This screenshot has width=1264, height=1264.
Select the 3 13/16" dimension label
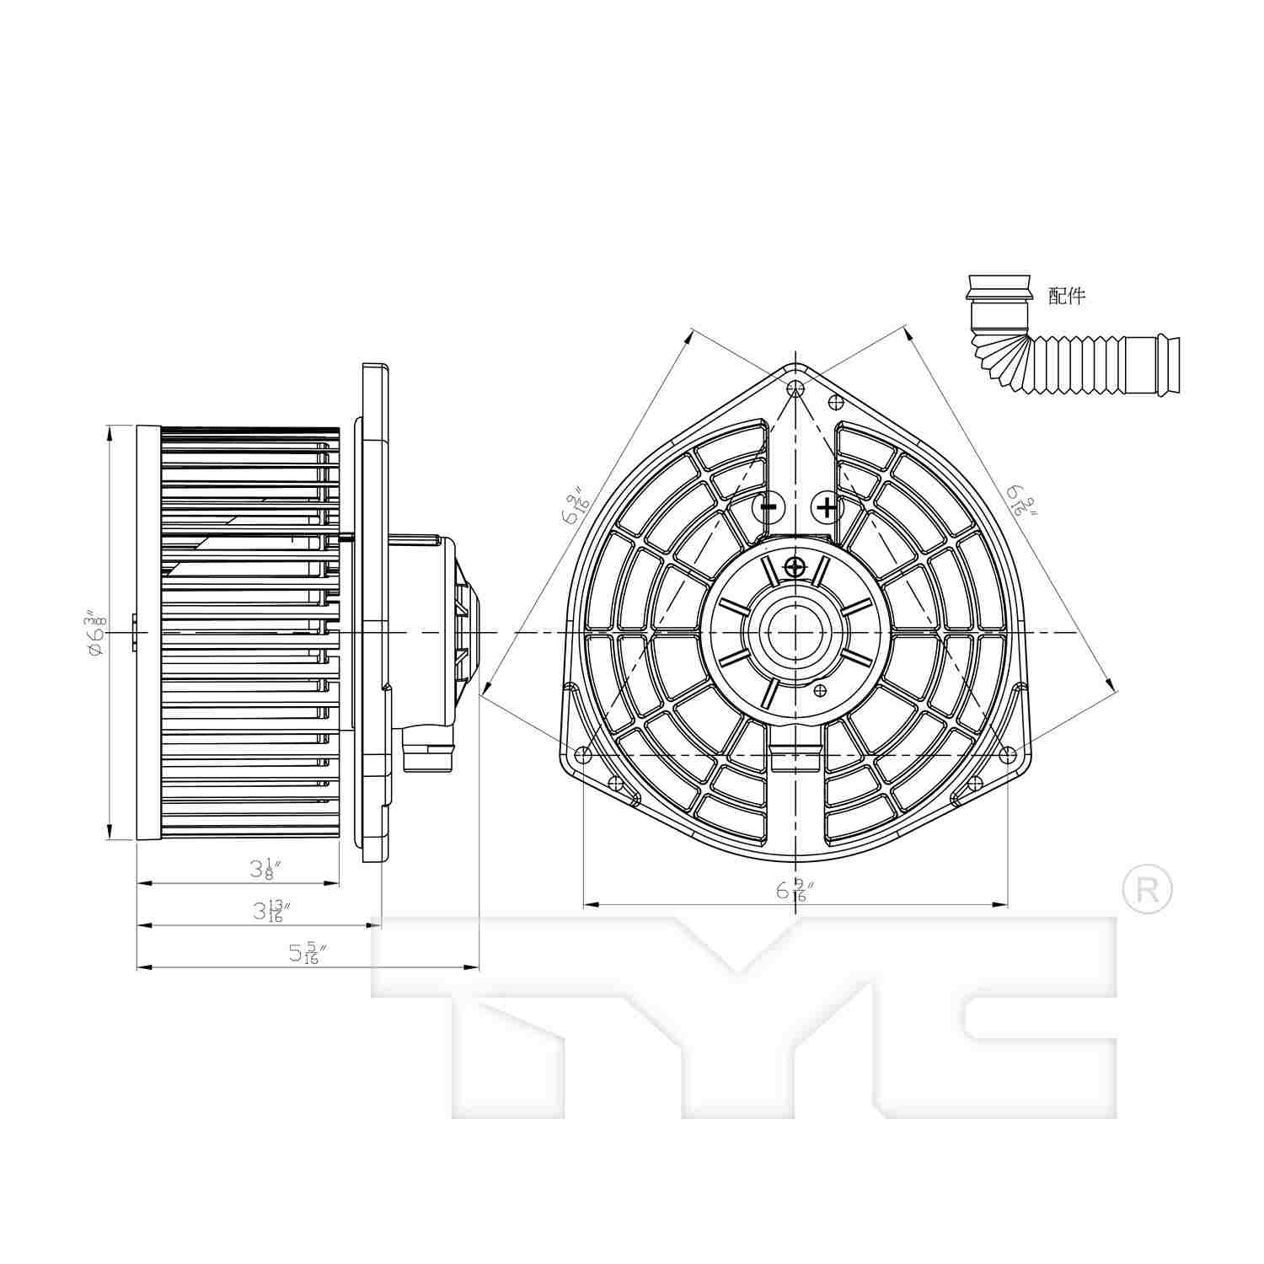(x=271, y=911)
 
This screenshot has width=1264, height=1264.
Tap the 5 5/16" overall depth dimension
(x=306, y=953)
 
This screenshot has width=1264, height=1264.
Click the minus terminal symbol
(x=768, y=507)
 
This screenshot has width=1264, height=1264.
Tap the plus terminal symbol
(x=827, y=507)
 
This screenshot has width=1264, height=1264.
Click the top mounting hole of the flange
(x=795, y=388)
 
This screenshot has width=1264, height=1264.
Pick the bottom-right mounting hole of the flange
(x=1008, y=755)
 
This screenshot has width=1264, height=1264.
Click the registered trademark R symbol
(x=1148, y=888)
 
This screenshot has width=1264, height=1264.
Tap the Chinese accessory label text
(x=1066, y=296)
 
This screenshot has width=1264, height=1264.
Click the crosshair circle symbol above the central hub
(x=795, y=567)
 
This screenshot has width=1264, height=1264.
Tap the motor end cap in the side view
(x=469, y=632)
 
